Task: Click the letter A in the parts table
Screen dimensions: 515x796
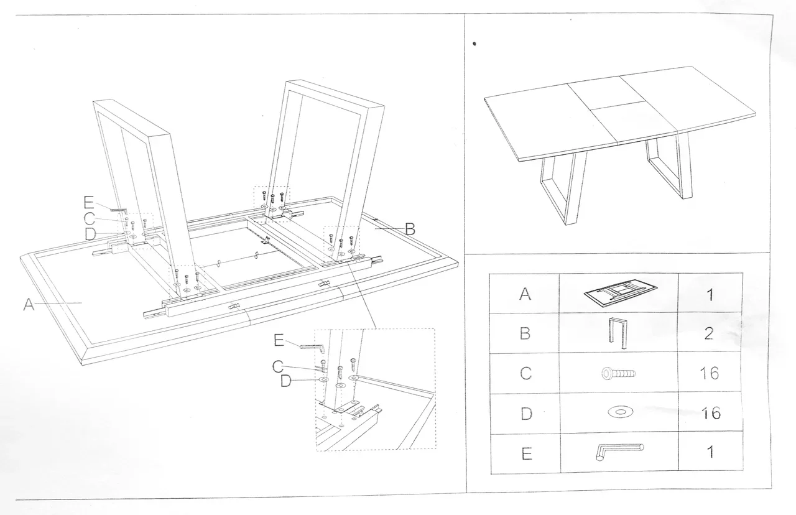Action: pos(526,294)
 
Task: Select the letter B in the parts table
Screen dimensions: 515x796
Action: pos(526,333)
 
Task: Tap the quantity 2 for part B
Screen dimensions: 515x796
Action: pos(710,333)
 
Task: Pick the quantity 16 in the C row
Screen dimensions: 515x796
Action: pos(710,373)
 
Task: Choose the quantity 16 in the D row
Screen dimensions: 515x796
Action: pos(710,412)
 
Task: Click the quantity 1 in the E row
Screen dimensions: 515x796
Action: pos(710,452)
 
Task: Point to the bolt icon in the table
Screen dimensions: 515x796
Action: pos(618,373)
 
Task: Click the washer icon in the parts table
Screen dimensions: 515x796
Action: pos(618,412)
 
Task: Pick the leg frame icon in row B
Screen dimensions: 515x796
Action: pos(617,333)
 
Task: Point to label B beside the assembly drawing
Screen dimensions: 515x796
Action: pos(410,229)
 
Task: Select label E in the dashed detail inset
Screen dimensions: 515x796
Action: pos(279,340)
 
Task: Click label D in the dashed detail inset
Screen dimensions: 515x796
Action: pos(285,381)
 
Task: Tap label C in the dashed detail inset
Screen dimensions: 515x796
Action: pos(279,367)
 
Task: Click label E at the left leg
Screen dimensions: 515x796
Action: pos(88,202)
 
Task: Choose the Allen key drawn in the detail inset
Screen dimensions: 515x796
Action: pos(313,347)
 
